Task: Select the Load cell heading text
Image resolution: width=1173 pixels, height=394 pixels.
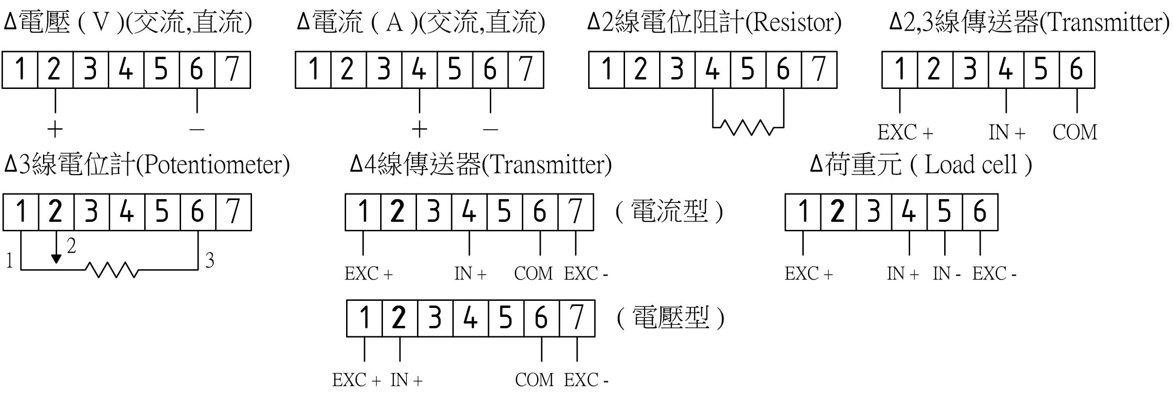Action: (970, 165)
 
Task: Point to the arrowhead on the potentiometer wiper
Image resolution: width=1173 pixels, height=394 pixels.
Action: (56, 259)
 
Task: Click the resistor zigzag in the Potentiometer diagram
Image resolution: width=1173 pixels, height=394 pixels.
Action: (112, 270)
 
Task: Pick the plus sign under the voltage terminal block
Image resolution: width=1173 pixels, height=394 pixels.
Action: (55, 129)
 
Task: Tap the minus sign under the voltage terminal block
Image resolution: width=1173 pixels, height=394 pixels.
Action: (197, 129)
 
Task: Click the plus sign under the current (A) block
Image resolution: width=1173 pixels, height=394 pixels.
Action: (419, 129)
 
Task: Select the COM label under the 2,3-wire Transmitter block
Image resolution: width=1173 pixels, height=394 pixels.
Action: (1075, 132)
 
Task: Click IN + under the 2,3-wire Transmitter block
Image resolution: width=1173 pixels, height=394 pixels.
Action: (1007, 132)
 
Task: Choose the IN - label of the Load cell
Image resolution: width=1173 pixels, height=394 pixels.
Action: (947, 273)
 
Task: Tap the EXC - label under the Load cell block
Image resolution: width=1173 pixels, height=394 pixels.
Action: (994, 273)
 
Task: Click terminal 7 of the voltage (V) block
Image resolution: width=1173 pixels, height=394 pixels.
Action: (232, 70)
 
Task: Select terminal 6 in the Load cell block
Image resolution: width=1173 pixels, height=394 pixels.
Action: (980, 211)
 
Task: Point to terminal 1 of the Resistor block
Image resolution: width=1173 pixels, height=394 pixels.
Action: (607, 70)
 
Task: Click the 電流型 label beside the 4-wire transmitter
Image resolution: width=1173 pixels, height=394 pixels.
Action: (669, 211)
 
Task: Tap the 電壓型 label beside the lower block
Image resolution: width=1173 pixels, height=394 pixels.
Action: (670, 317)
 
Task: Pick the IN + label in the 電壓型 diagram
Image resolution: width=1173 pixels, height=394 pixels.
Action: (407, 380)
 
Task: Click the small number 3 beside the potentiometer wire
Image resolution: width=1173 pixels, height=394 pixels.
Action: (209, 260)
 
